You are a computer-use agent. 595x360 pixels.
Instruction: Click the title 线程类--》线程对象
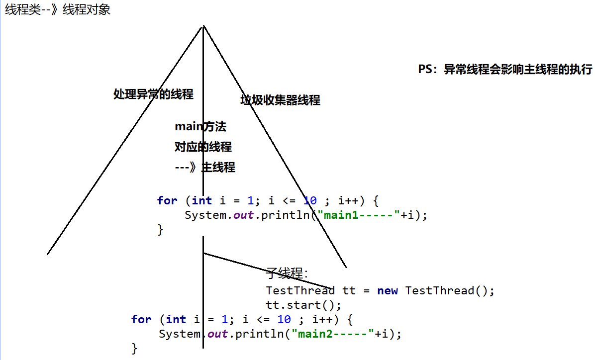tap(58, 9)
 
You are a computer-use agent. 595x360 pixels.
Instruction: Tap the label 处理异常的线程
tap(153, 94)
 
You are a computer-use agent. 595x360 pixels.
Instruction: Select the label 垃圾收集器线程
tap(280, 100)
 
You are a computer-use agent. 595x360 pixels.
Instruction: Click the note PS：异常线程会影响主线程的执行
tap(505, 70)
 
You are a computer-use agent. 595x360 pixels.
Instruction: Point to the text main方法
tap(200, 127)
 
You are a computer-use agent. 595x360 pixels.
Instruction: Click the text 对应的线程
tap(203, 147)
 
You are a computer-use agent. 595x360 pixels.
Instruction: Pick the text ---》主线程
tap(205, 168)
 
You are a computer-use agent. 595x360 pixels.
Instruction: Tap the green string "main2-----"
tap(333, 334)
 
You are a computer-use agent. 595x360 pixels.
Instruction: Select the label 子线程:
tap(287, 273)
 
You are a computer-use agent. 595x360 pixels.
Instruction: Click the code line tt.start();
tap(304, 304)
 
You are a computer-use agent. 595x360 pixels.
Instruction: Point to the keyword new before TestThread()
tap(388, 290)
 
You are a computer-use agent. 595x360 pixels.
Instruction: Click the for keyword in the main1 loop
tap(167, 200)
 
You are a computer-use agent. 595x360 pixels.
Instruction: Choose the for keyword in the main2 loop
tap(141, 319)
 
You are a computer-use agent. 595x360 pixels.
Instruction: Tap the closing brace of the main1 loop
tap(160, 229)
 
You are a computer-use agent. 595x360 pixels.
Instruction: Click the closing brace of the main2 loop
tap(134, 348)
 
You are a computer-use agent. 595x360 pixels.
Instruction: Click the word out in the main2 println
tap(217, 334)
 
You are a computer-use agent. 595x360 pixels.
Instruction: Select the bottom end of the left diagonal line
tap(48, 254)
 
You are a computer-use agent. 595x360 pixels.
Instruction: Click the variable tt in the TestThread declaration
tap(349, 290)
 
